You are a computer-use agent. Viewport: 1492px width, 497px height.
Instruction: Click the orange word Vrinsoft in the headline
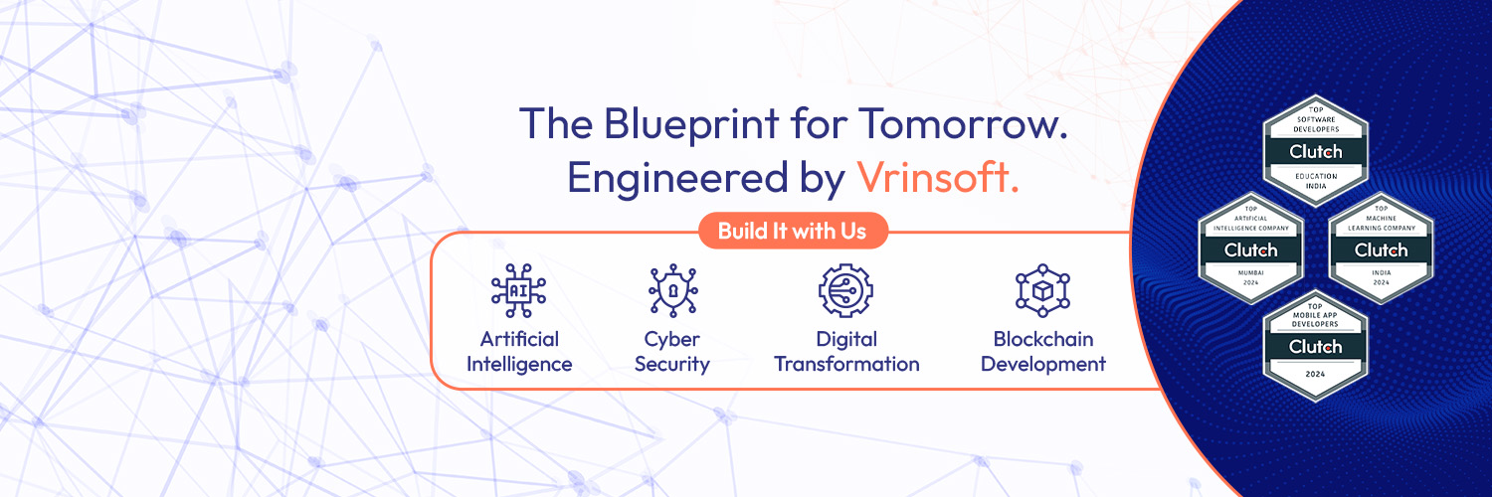click(x=937, y=176)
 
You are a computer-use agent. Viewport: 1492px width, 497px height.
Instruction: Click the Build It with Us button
click(x=793, y=232)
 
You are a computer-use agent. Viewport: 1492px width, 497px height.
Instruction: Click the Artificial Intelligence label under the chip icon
click(x=519, y=352)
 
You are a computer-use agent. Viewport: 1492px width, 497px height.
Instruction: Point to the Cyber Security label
click(x=672, y=352)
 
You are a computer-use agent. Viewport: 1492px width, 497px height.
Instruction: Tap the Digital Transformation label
click(x=846, y=352)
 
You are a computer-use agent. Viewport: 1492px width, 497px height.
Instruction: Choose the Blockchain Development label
click(x=1042, y=352)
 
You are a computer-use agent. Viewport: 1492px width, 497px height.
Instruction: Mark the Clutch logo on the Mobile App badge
click(x=1315, y=347)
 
